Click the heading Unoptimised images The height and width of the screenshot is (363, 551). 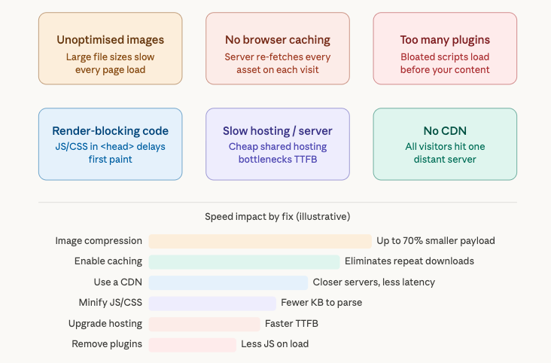[110, 40]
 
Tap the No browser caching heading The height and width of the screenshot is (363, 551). [278, 40]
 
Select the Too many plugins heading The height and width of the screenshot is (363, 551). [445, 40]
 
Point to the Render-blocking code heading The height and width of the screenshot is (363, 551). [110, 131]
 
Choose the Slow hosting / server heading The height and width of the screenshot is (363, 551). [278, 131]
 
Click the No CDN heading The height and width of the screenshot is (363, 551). [445, 131]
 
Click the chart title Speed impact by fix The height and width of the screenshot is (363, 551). [278, 217]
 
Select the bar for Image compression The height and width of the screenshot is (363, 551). [260, 241]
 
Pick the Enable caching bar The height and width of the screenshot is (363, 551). [244, 261]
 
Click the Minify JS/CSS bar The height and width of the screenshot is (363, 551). [212, 303]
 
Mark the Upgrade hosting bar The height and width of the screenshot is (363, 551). [204, 324]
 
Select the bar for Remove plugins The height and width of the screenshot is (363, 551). [192, 344]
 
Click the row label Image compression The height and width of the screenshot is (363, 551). [99, 241]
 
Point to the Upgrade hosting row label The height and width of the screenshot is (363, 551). [105, 324]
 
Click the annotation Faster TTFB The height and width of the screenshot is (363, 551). [291, 324]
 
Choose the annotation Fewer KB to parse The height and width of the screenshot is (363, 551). [321, 303]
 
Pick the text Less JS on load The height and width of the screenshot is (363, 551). [275, 344]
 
